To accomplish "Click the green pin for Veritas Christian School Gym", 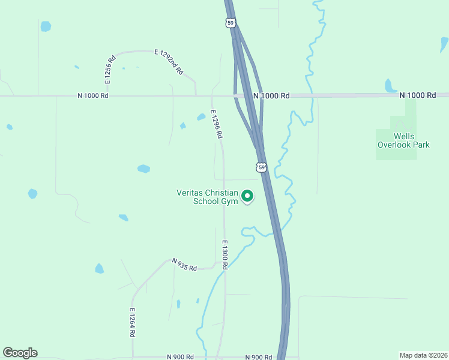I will click(x=247, y=196).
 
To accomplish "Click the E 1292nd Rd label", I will click(x=169, y=62).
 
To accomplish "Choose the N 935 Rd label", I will click(x=184, y=265).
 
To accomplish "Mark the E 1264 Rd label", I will click(x=132, y=323).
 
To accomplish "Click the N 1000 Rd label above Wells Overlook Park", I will click(x=418, y=95).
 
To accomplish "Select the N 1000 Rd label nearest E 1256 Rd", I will click(x=93, y=95).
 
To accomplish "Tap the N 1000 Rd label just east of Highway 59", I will click(x=271, y=95).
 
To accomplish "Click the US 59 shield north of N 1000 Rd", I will click(x=231, y=23).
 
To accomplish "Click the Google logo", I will click(x=20, y=353).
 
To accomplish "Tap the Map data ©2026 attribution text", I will click(x=423, y=355).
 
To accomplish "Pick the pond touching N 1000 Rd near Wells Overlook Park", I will click(x=390, y=86).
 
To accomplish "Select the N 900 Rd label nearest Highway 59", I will click(x=258, y=357).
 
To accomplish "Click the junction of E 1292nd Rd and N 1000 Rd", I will click(x=196, y=95).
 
